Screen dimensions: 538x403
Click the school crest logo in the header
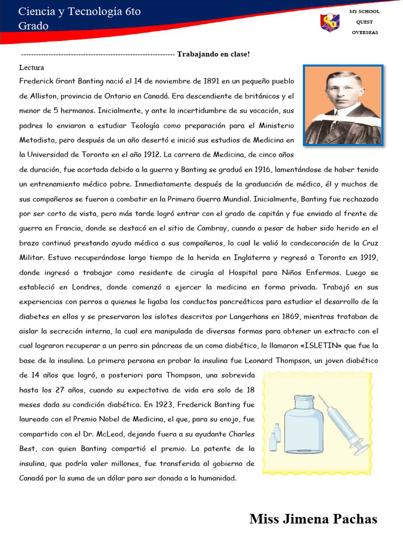click(330, 23)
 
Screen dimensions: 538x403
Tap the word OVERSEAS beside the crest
click(365, 33)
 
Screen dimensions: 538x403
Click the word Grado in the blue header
click(34, 26)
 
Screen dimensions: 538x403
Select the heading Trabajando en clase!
click(214, 54)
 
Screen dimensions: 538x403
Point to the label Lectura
click(31, 68)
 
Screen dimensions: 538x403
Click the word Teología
click(143, 126)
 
